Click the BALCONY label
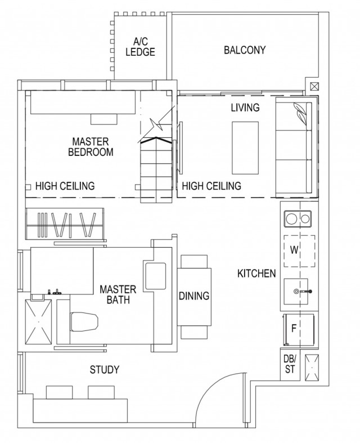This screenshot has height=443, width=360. (x=245, y=50)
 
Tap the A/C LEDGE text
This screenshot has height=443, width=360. (x=140, y=47)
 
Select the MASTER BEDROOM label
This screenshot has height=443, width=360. (x=91, y=146)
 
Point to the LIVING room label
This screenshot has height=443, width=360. (x=245, y=108)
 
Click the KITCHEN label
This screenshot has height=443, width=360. (x=256, y=273)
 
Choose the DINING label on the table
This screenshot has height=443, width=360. (x=194, y=296)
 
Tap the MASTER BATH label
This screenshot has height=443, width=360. (x=118, y=294)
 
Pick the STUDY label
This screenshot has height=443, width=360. (x=105, y=370)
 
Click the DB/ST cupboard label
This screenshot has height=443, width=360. (x=290, y=364)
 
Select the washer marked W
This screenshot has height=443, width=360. (x=300, y=251)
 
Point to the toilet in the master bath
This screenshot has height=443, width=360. (x=84, y=322)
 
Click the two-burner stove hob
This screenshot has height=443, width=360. (x=298, y=218)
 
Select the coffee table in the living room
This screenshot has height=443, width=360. (x=245, y=148)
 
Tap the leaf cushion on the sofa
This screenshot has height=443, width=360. (x=300, y=113)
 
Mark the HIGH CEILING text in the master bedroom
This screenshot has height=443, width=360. (x=65, y=186)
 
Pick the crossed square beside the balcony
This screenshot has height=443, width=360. (x=314, y=86)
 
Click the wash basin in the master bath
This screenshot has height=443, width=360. (x=155, y=276)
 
